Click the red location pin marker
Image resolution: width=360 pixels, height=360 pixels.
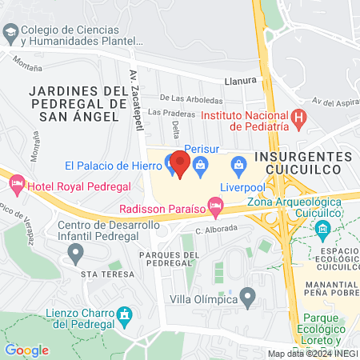pos(179,163)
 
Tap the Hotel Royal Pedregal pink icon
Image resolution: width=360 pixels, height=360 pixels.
pos(17,186)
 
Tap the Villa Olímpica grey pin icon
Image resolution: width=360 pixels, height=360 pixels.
pos(248,299)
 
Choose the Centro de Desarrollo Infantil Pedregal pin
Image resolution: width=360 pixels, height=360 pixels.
pos(75,254)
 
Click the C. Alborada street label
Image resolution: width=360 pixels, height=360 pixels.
pos(217,229)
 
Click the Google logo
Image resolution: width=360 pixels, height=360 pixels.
pos(26,350)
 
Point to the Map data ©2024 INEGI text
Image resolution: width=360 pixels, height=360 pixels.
pos(311,354)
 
